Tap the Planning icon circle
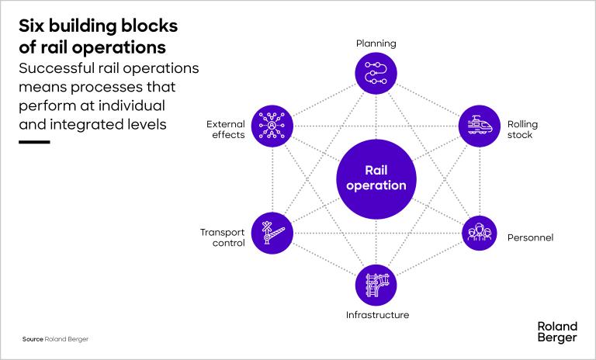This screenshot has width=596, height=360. point(376,73)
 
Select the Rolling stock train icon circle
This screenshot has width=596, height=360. point(480,125)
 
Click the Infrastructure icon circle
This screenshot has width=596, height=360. point(376,284)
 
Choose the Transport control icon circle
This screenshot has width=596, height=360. point(272,232)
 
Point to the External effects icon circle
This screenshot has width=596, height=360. point(272,125)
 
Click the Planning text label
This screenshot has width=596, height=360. point(376,43)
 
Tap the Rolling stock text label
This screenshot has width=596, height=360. point(522,129)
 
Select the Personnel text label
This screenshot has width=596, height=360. point(530,237)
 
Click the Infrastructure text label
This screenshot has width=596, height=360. point(377,315)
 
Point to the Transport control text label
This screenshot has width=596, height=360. point(223,237)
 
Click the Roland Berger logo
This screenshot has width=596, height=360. point(556,332)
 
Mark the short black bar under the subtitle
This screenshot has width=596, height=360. point(33,142)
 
